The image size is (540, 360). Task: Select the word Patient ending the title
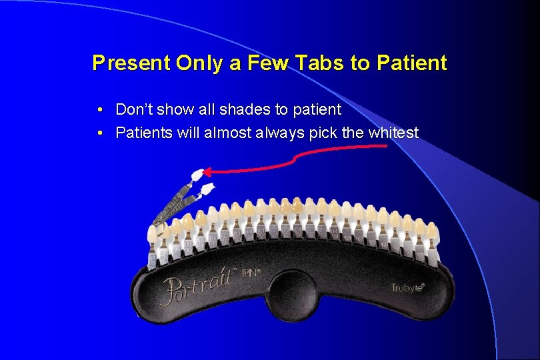[x=411, y=63]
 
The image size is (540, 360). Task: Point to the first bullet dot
[x=99, y=109]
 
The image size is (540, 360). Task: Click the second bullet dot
[x=99, y=133]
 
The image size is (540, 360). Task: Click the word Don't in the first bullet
[x=132, y=109]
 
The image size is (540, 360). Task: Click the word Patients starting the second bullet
[x=143, y=133]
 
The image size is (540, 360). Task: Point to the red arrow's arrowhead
[x=203, y=171]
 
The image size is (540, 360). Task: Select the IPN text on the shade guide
[x=251, y=273]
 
